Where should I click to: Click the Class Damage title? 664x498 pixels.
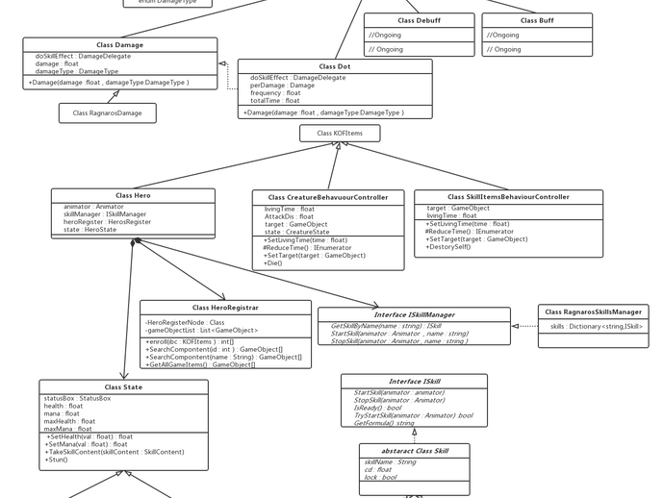coord(120,45)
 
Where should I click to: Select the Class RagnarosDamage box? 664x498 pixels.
coord(107,113)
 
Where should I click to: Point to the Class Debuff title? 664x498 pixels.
coord(419,20)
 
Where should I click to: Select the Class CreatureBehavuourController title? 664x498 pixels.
coord(328,197)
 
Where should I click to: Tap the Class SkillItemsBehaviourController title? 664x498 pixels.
coord(509,196)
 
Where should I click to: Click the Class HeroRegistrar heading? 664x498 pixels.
coord(225,307)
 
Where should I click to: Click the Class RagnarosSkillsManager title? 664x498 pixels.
coord(594,311)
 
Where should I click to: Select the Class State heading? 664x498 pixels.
coord(124,387)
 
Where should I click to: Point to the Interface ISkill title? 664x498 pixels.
coord(412,382)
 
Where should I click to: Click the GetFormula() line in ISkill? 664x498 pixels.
coord(384,423)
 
